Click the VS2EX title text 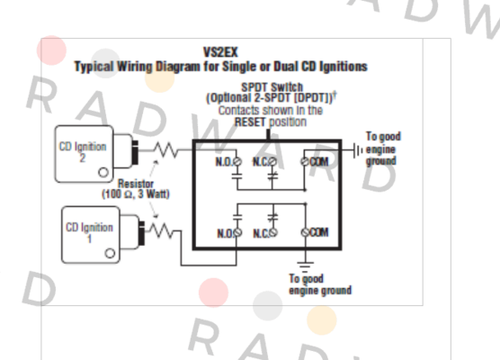(220, 52)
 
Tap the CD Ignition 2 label (83, 152)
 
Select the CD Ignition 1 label (89, 233)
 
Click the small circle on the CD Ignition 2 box (103, 172)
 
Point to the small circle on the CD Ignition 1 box (110, 254)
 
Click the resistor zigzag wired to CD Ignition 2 (165, 150)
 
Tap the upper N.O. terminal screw (237, 162)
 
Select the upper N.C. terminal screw (272, 162)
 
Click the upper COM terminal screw (305, 162)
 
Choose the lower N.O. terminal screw (237, 233)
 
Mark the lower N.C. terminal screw (273, 233)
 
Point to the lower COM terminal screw (305, 233)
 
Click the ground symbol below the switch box (305, 266)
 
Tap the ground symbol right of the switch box (357, 150)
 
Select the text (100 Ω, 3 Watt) (136, 194)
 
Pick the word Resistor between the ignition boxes (136, 184)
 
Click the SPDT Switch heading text (272, 87)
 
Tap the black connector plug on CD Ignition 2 (135, 152)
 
